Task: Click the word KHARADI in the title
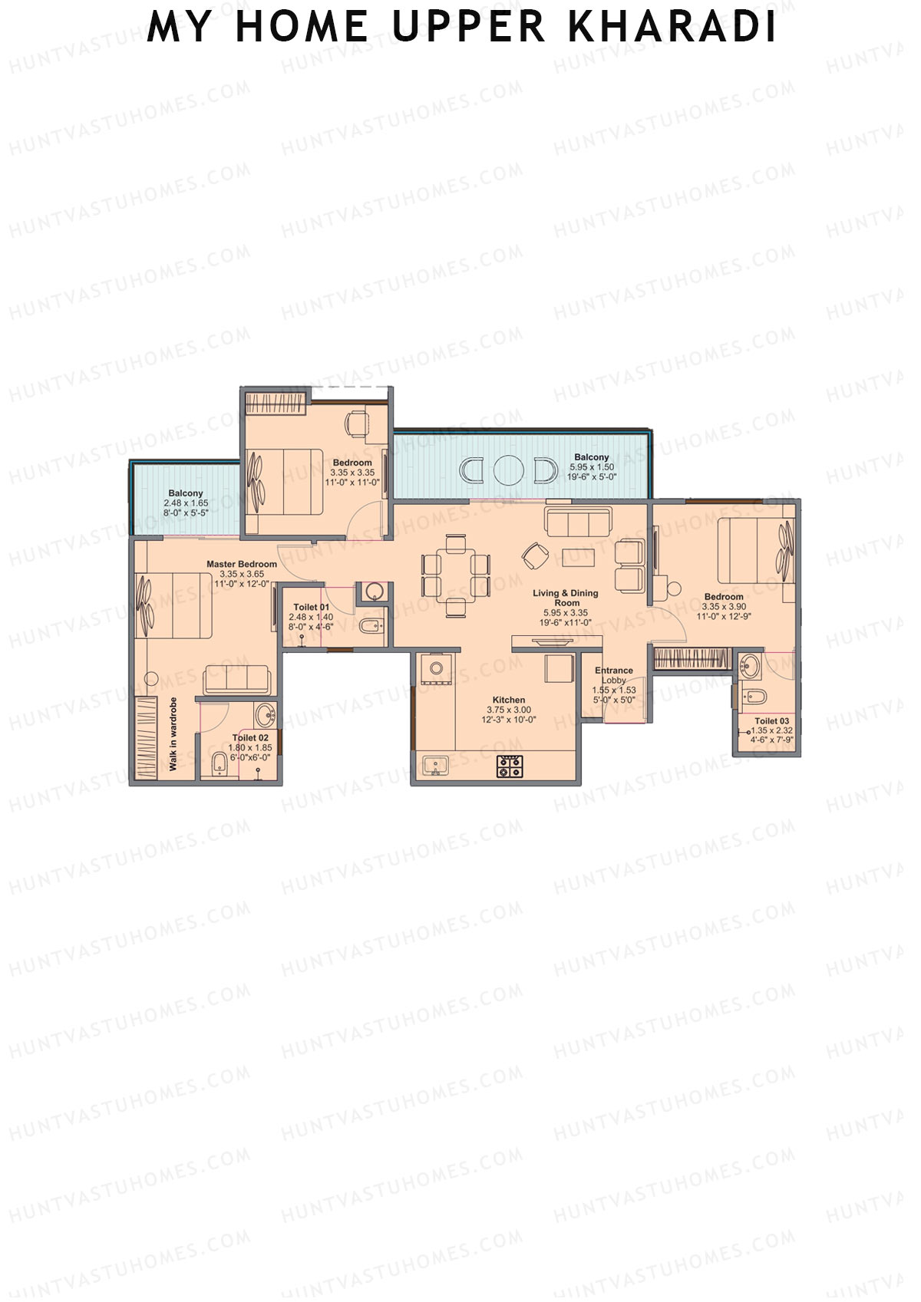[672, 28]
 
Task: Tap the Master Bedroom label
[242, 564]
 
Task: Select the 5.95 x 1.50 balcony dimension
[592, 467]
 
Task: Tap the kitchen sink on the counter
[436, 766]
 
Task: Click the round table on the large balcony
[507, 470]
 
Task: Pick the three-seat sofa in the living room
[578, 522]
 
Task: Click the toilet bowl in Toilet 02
[219, 763]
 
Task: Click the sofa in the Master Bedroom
[236, 680]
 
